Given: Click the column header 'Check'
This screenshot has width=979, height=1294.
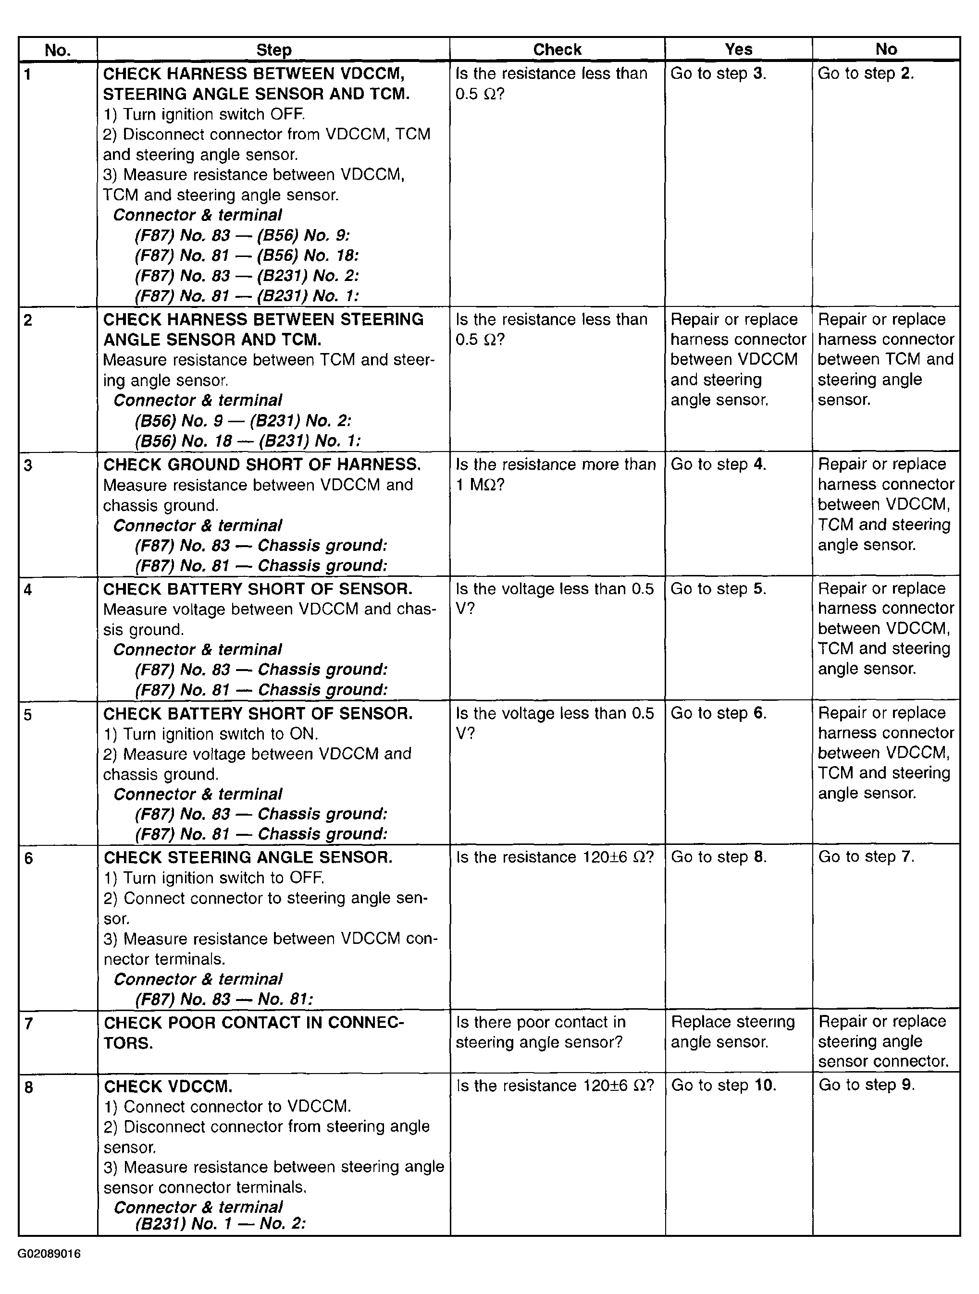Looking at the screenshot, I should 557,50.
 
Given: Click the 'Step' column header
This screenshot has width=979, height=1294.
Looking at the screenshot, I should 273,50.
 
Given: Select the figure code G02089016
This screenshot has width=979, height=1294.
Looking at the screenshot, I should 49,1254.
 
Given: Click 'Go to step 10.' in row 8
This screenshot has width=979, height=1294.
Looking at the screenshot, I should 723,1085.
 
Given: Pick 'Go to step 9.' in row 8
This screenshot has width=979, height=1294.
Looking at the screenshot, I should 866,1085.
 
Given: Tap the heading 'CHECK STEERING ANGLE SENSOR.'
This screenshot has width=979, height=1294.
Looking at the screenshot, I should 248,857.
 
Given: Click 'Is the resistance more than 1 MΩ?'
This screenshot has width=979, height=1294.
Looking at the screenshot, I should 555,475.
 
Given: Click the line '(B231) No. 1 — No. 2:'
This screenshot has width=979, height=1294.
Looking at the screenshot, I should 220,1224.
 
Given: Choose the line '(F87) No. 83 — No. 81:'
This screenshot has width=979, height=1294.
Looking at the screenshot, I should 223,999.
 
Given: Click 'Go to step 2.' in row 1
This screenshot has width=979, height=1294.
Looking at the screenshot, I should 866,73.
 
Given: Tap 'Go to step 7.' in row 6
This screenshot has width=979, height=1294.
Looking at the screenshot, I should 866,857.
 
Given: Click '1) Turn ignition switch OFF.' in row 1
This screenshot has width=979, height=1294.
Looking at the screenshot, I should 204,114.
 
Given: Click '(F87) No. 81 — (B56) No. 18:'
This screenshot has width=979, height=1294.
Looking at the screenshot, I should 247,256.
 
